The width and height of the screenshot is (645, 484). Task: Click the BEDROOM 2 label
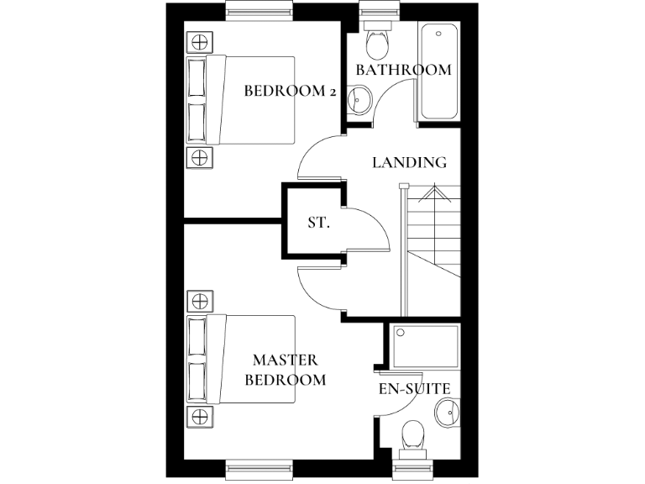290,91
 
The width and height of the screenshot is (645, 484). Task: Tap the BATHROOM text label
403,70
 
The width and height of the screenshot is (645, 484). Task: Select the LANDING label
409,162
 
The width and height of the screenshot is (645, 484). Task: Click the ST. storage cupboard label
318,224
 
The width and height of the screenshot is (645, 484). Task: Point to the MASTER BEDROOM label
285,370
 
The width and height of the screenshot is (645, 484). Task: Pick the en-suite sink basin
448,413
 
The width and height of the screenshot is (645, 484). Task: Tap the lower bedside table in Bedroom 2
199,156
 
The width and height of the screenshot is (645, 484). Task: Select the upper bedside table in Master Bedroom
199,301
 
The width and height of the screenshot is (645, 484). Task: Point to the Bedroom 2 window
260,12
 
